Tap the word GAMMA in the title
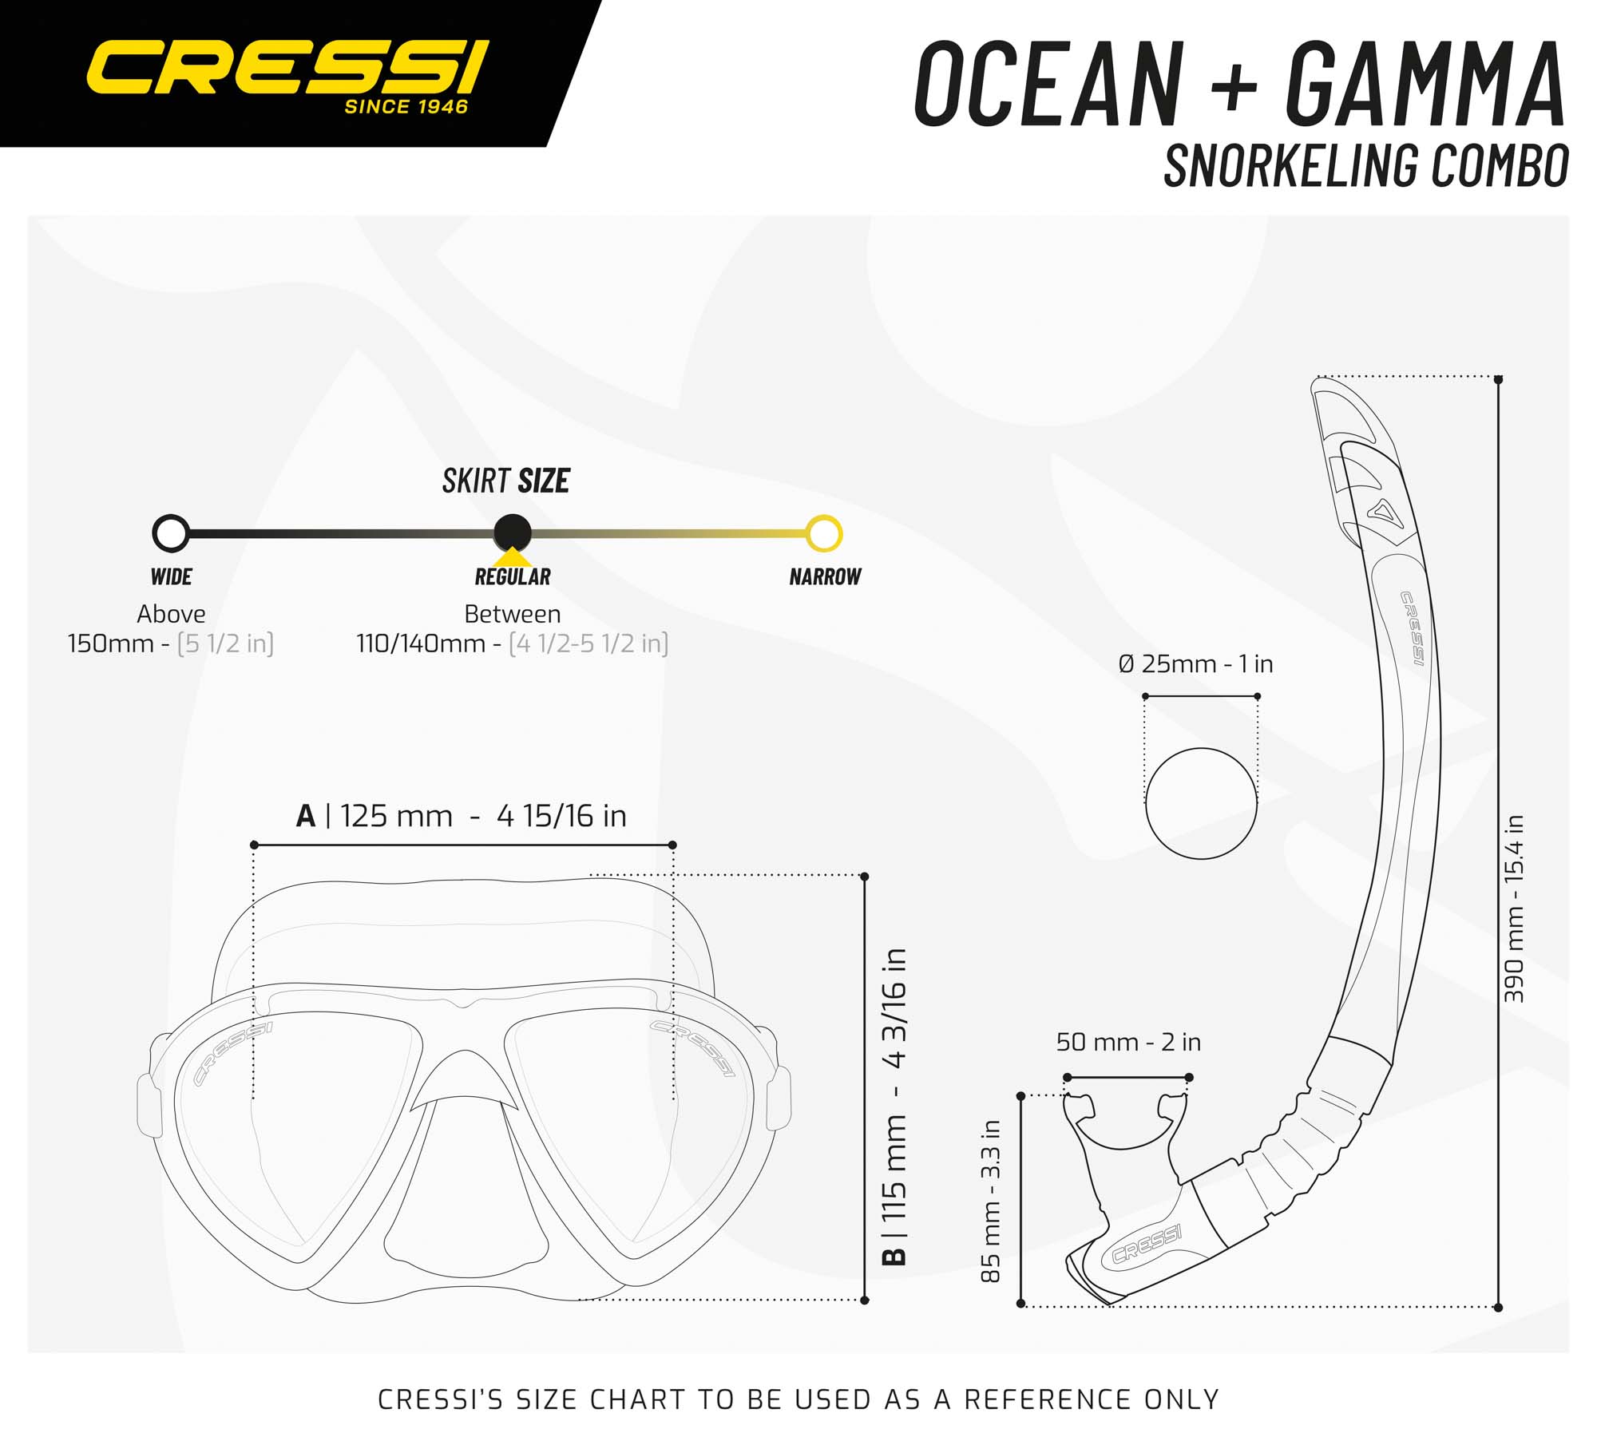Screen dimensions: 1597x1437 (x=1425, y=84)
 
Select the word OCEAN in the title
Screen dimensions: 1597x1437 (x=1049, y=84)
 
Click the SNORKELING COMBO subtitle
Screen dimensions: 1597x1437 (x=1366, y=166)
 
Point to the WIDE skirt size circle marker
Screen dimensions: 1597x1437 (x=171, y=533)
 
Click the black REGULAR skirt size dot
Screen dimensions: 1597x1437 (x=513, y=532)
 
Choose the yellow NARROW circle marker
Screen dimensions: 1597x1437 (x=824, y=533)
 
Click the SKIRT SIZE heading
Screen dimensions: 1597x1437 (x=506, y=481)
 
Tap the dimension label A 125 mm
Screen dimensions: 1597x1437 (x=461, y=816)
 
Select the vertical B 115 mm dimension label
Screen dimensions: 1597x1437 (x=894, y=1107)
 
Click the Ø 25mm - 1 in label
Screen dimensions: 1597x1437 (x=1195, y=664)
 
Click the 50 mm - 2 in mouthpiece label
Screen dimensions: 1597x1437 (x=1128, y=1042)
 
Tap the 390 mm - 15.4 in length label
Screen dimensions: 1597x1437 (x=1514, y=909)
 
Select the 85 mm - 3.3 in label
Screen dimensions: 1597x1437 (x=990, y=1201)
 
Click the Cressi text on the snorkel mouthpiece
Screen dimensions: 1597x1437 (x=1147, y=1245)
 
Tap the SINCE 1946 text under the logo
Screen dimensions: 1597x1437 (x=406, y=107)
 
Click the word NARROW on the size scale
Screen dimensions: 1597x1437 (x=825, y=576)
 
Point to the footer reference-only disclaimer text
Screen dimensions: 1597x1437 (x=798, y=1399)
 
